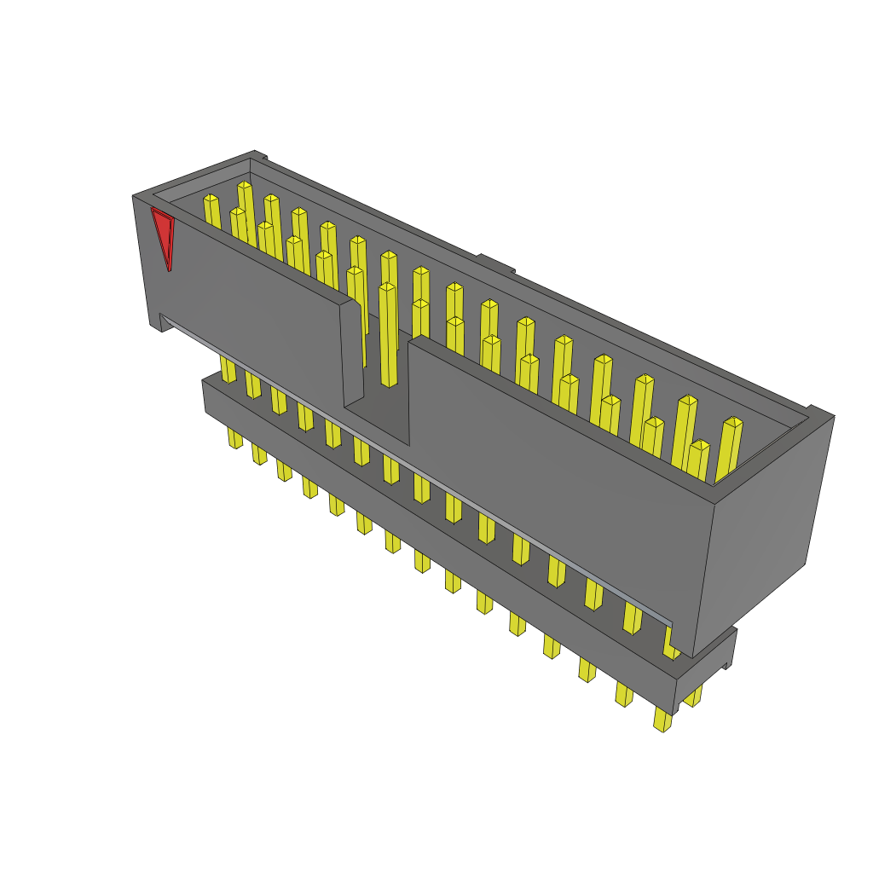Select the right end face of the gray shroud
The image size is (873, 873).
tap(763, 529)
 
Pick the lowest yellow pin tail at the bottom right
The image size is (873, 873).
tap(662, 720)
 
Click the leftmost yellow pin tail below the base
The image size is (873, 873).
tap(234, 437)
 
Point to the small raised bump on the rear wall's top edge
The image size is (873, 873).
tap(495, 263)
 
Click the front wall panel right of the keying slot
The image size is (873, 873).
tap(554, 477)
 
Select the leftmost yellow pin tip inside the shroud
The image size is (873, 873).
tap(211, 199)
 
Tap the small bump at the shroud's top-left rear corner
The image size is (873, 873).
tap(259, 155)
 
